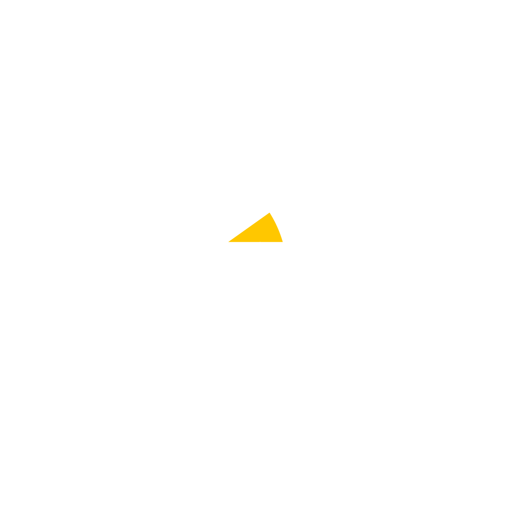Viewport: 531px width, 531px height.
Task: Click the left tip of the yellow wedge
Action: coord(228,242)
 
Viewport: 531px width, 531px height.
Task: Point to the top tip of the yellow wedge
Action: coord(270,212)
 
